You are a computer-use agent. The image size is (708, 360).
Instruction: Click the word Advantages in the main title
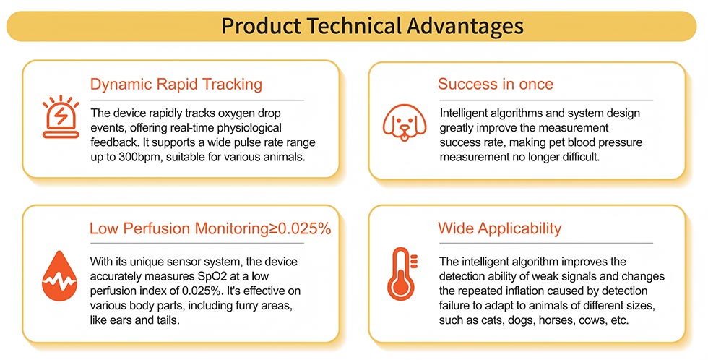[465, 26]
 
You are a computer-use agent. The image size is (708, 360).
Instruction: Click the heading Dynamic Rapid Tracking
[176, 85]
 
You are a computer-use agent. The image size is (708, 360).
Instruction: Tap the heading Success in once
[496, 84]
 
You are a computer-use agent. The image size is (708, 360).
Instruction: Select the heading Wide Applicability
[499, 228]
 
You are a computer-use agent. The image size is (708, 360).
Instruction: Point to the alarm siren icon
[61, 117]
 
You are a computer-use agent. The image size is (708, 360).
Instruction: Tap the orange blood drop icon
[59, 275]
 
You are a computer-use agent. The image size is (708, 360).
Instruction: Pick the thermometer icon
[402, 274]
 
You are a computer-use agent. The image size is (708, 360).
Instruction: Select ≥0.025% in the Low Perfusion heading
[301, 228]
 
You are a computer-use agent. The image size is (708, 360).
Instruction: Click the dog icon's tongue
[405, 135]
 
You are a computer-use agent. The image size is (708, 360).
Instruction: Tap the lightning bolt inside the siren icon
[61, 117]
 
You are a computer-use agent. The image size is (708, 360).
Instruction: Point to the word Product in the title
[261, 26]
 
